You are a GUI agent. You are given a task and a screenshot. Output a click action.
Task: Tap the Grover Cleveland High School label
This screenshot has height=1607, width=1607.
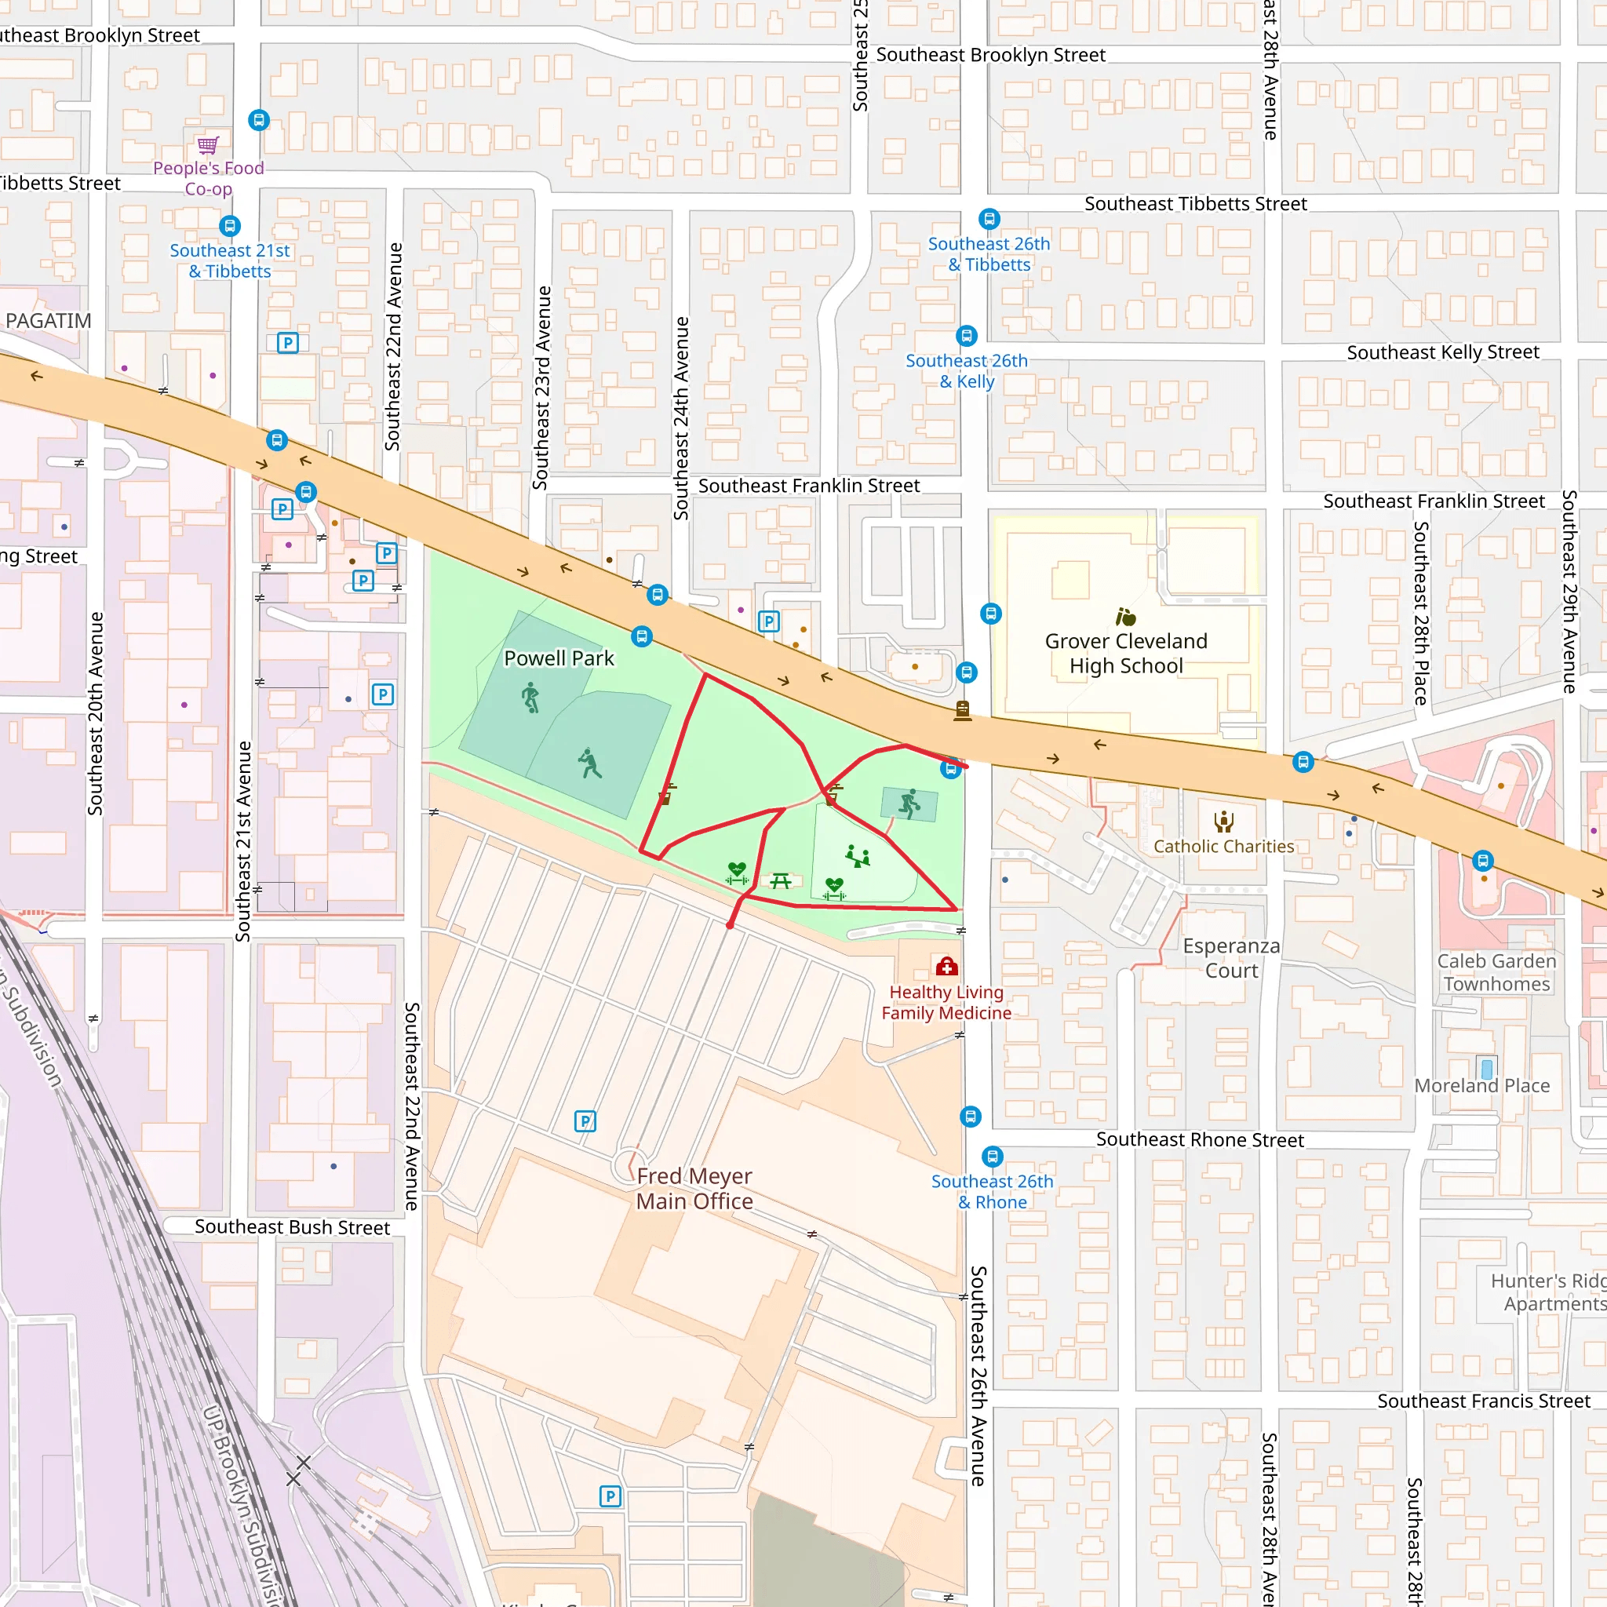tap(1125, 653)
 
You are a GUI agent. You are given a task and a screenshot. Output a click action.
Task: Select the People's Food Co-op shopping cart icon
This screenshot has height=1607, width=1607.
tap(208, 146)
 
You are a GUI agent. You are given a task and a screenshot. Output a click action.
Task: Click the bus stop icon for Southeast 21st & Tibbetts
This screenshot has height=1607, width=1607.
tap(230, 226)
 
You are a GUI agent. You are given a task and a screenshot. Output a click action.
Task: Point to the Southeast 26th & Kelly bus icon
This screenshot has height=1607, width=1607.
tap(966, 336)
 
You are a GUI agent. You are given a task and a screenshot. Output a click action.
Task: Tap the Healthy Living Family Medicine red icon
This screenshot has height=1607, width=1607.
tap(946, 967)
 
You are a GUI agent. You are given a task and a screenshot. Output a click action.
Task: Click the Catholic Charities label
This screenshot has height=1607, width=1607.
tap(1223, 846)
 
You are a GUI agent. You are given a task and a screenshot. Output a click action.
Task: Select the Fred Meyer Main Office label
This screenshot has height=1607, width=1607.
tap(694, 1189)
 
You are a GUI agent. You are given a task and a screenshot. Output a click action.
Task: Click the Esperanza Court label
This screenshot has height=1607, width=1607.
tap(1231, 958)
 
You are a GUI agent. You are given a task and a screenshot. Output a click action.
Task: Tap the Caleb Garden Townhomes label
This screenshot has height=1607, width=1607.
tap(1496, 972)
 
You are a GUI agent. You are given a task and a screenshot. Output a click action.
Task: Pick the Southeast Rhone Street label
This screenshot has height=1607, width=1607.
tap(1200, 1139)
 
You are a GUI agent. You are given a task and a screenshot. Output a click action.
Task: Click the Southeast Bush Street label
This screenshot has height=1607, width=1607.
tap(292, 1228)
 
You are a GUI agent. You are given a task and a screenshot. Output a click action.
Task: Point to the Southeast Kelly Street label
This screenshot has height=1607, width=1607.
tap(1442, 352)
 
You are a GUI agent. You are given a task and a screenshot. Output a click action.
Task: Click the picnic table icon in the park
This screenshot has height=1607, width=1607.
tap(780, 880)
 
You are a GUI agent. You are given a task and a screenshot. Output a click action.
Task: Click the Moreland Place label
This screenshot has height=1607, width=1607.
tap(1481, 1085)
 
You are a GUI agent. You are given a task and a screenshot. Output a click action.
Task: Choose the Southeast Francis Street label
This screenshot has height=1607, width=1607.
tap(1483, 1401)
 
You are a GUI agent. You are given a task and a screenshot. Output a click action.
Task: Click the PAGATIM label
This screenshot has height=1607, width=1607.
tap(48, 321)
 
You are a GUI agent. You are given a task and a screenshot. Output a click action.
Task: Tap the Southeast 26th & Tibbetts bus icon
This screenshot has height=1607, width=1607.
tap(989, 220)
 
